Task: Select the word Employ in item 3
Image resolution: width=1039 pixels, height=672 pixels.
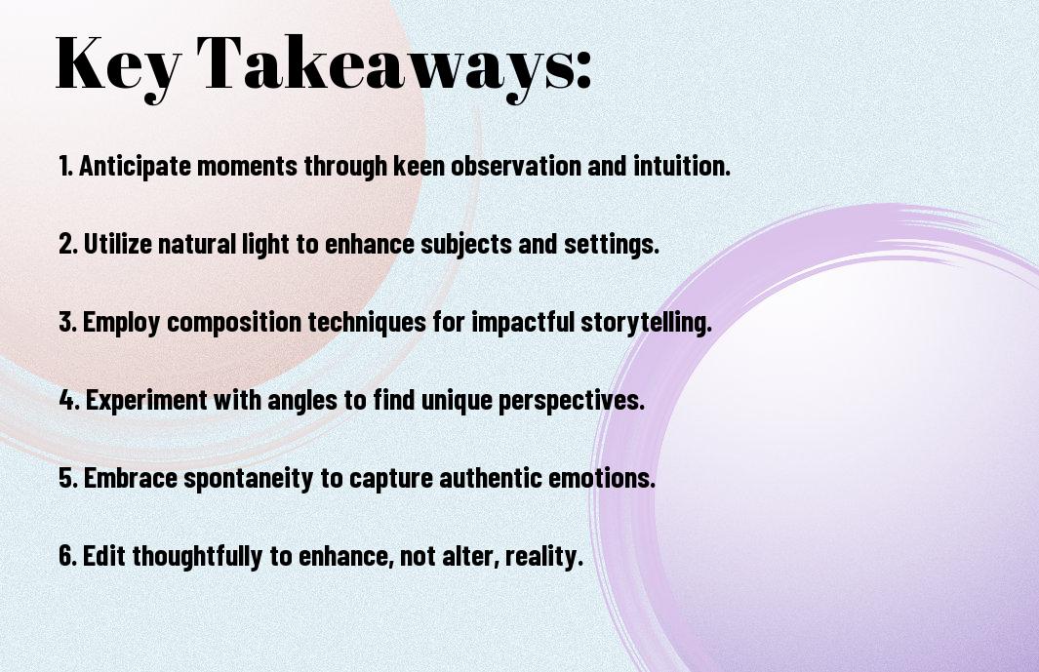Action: click(x=121, y=323)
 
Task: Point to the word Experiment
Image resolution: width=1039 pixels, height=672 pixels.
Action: click(x=146, y=401)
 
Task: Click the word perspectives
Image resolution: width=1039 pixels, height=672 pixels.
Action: click(x=571, y=401)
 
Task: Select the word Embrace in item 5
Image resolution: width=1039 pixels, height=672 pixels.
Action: click(x=131, y=478)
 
